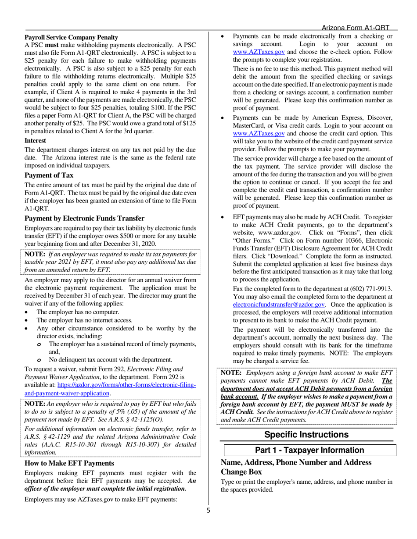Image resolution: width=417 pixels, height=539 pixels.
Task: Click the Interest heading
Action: point(35,141)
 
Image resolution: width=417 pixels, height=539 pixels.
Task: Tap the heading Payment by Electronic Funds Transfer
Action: point(84,218)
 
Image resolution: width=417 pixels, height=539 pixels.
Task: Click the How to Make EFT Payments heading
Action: point(69,463)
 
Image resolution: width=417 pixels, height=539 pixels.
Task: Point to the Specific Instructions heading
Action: point(306,435)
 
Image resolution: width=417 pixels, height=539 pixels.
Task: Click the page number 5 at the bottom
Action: point(208,510)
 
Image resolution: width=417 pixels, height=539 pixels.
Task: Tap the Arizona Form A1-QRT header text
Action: point(356,27)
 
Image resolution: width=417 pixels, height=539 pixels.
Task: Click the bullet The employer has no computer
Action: point(78,312)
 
